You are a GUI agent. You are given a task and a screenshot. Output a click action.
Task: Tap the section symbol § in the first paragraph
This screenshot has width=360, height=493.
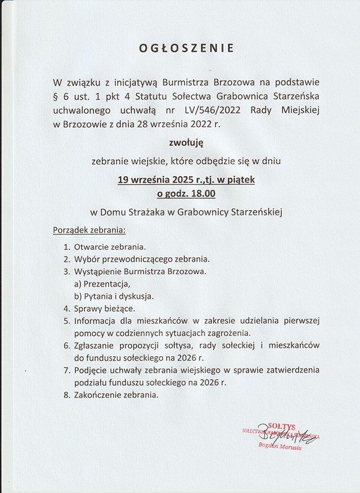pos(55,98)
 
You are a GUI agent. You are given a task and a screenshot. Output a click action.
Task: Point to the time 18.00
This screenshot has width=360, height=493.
pos(201,194)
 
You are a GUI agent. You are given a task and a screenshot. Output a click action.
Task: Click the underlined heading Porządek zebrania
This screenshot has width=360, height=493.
pos(89,231)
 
